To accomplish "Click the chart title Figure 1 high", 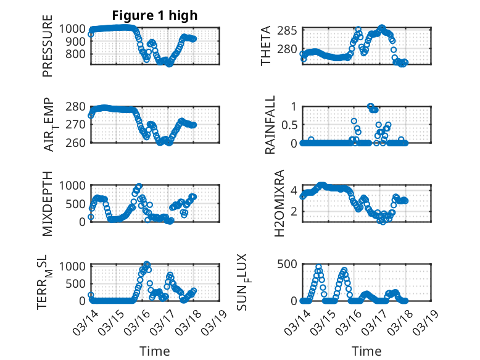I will tap(155, 15).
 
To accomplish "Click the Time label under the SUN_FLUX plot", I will tap(366, 351).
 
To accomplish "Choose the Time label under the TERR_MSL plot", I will tap(155, 351).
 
